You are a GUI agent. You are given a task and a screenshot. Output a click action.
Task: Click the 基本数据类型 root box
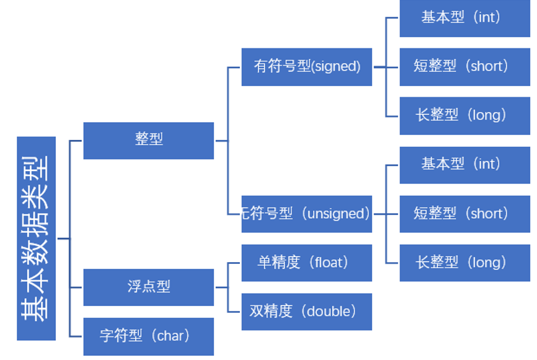pos(36,239)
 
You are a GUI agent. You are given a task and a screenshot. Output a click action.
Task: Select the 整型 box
pos(149,140)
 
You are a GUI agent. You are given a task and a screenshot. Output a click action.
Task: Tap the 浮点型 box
pos(149,287)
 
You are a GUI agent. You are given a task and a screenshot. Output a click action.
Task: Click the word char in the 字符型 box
pos(169,336)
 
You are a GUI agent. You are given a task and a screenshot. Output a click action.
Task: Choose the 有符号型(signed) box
pos(307,66)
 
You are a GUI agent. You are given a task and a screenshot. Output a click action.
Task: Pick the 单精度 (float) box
pos(307,263)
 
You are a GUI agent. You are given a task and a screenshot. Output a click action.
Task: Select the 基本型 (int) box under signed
pos(464,17)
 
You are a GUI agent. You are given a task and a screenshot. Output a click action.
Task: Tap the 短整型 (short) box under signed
pos(464,66)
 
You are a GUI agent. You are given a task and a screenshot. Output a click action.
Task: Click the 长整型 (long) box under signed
pos(464,115)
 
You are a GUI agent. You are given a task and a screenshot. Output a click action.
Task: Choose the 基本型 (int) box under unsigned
pos(464,164)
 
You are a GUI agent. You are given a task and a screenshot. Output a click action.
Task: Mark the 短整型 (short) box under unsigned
pos(464,214)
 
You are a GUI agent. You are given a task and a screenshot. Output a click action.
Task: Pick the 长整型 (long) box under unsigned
pos(464,263)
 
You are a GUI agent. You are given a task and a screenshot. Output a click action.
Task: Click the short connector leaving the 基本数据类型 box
pos(63,239)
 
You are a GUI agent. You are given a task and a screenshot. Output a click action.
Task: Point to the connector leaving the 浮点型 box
pos(221,287)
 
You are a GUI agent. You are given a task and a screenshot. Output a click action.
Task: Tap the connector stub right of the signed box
pos(379,67)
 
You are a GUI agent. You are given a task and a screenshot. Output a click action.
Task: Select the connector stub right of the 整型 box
pos(221,141)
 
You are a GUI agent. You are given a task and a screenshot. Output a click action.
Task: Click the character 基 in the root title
pos(36,309)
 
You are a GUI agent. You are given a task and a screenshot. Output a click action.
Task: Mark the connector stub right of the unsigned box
pos(379,214)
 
